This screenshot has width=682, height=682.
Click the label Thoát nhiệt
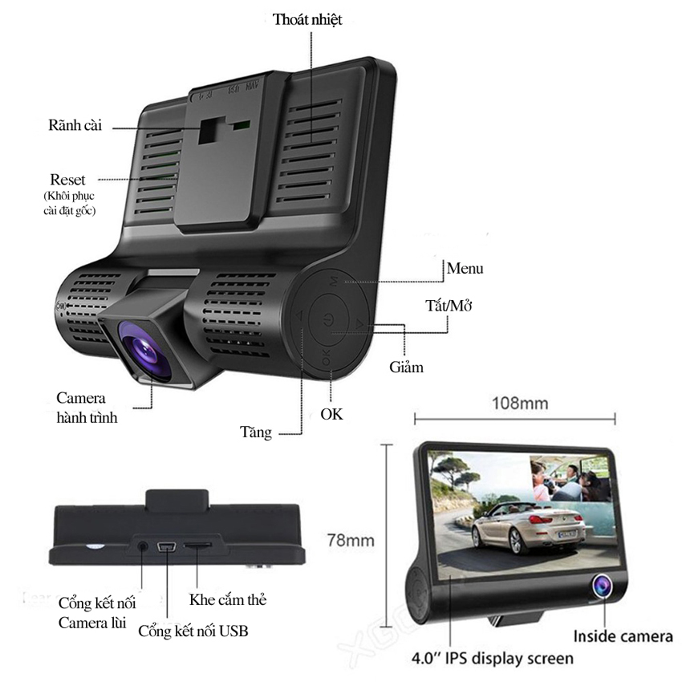(x=306, y=19)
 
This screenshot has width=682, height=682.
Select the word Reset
(x=67, y=179)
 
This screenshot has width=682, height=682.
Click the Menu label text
(x=465, y=268)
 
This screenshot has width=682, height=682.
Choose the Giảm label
(x=404, y=367)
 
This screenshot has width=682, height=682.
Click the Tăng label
(x=256, y=432)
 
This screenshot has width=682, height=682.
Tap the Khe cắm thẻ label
(x=227, y=599)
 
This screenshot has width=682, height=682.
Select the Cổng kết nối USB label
(x=193, y=631)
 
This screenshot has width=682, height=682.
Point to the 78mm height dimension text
(x=351, y=540)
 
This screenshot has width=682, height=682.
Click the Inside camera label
(x=623, y=637)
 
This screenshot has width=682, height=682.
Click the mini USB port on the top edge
(x=166, y=548)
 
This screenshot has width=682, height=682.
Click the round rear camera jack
(x=143, y=545)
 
